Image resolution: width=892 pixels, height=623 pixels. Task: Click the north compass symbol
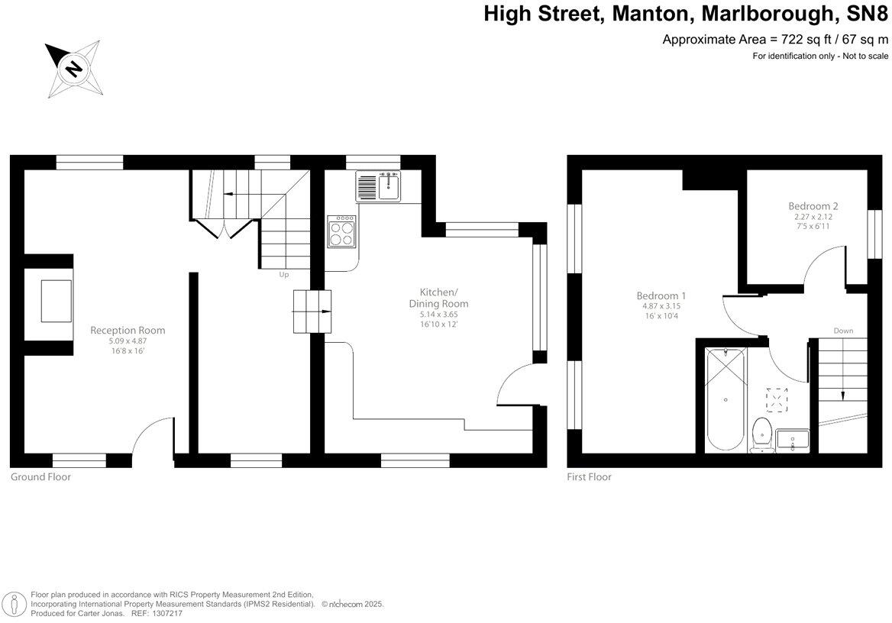pos(73,69)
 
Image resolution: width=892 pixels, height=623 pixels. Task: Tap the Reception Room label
pos(128,331)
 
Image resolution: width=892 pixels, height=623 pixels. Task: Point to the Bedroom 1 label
pos(661,296)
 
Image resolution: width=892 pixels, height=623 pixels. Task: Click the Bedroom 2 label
pos(813,206)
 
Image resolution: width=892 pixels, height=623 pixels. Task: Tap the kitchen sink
pos(378,186)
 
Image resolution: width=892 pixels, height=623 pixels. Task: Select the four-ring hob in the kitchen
pos(341,231)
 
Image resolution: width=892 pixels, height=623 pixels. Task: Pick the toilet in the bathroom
pos(761,433)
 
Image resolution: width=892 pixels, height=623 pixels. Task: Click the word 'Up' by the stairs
pos(283,275)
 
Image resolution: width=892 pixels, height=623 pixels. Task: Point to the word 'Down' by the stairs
pos(843,331)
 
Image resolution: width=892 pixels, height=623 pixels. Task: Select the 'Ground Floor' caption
pos(40,477)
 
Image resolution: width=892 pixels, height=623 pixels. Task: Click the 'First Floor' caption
pos(589,477)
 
